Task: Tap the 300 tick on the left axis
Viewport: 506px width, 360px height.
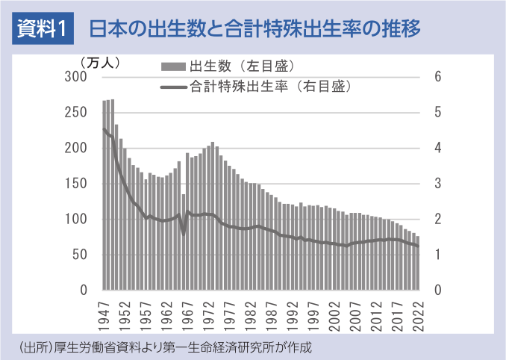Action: (x=77, y=77)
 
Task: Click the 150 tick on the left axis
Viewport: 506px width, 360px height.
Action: (x=77, y=184)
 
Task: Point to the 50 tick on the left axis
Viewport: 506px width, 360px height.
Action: (x=80, y=255)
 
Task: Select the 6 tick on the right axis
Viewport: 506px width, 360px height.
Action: (x=438, y=77)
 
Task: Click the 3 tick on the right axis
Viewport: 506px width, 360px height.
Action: (x=438, y=184)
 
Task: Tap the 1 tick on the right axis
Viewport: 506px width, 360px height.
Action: (x=438, y=255)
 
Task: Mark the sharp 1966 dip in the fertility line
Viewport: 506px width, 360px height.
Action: (x=184, y=233)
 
